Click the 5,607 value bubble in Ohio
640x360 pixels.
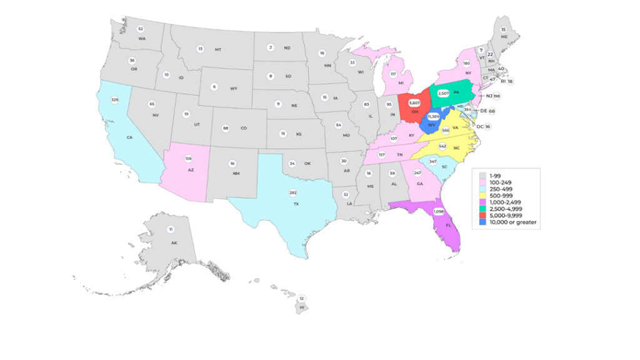click(x=414, y=102)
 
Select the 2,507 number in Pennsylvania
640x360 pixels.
click(x=444, y=93)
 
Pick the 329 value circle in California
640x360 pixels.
click(x=114, y=100)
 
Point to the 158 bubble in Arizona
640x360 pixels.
click(x=188, y=159)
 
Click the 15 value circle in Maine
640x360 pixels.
click(x=504, y=29)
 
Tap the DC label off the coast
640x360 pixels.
click(x=480, y=127)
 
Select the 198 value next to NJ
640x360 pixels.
click(x=496, y=96)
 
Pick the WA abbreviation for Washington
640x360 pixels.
click(x=142, y=39)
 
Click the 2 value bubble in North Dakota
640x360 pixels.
click(x=271, y=47)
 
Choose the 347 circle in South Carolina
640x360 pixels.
click(x=432, y=162)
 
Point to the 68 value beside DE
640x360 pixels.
click(x=492, y=111)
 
